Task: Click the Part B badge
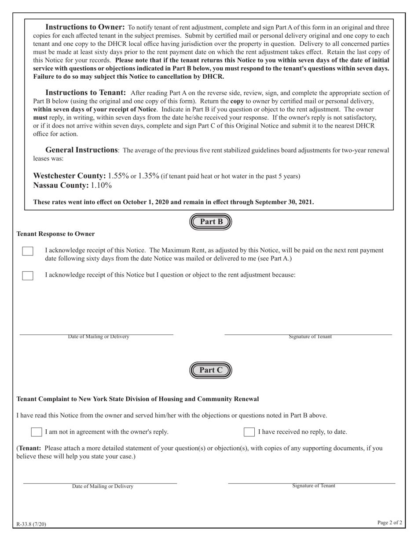[211, 222]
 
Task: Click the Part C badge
[210, 370]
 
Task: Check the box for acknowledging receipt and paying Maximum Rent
[28, 251]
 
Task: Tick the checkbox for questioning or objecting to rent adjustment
[28, 276]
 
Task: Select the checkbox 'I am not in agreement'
[37, 432]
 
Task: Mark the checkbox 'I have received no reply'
[249, 432]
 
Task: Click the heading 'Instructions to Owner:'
[85, 27]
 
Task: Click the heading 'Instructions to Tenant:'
[86, 93]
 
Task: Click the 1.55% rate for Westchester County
[118, 176]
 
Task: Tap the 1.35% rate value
[148, 176]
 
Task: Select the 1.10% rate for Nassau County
[101, 186]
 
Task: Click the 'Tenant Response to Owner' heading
[55, 234]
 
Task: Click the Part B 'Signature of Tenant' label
[310, 337]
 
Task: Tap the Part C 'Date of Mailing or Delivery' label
[103, 486]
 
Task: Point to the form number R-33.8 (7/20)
[31, 524]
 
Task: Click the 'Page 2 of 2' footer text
[389, 523]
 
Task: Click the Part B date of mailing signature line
[96, 334]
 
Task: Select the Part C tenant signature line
[312, 483]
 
